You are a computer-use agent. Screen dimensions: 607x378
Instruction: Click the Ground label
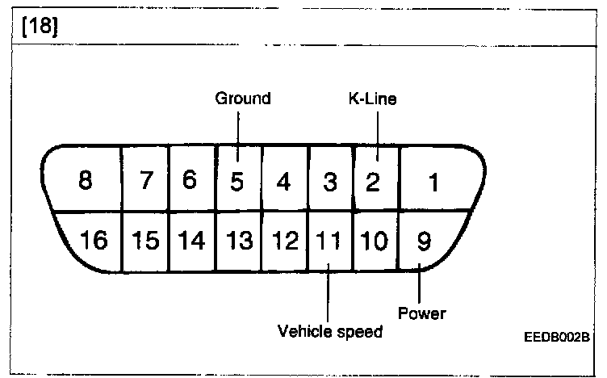242,99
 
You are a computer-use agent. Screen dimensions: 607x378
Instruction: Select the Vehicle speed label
329,331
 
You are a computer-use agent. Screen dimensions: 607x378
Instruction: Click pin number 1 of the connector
433,183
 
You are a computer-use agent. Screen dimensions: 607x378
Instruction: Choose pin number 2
372,182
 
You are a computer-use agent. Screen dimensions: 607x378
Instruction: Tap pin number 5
237,182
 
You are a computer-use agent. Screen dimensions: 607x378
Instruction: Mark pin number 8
86,181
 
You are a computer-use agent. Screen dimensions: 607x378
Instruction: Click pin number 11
329,241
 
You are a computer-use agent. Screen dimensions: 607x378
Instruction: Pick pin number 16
95,241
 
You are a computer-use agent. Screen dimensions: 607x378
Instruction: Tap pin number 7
146,181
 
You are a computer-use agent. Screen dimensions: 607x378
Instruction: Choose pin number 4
283,182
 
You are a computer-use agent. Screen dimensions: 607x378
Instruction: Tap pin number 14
190,241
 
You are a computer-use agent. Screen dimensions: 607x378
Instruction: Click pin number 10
375,241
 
